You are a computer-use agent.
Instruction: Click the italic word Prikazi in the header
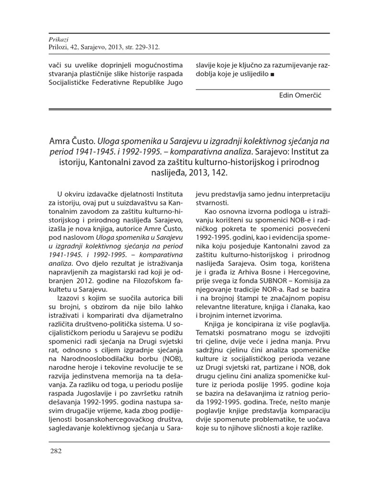click(x=59, y=40)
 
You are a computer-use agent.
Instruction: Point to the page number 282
click(x=56, y=451)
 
